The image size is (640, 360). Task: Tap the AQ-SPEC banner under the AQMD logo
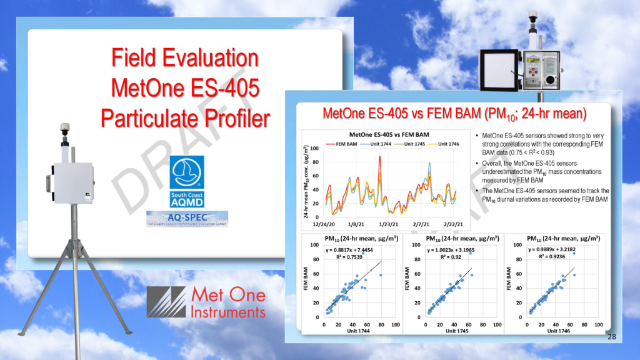[187, 219]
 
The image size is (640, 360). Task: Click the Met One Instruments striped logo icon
[166, 302]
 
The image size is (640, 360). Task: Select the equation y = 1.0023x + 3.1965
[452, 249]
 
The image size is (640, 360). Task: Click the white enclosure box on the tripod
[72, 183]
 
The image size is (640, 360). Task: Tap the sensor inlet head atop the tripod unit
[64, 128]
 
